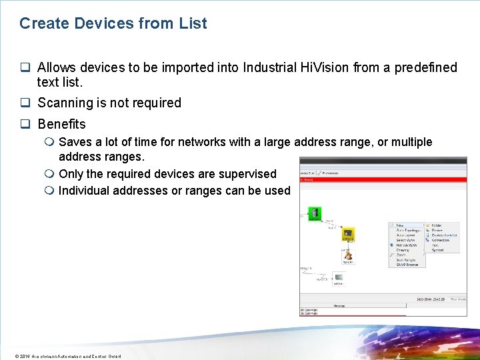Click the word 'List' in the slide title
click(193, 23)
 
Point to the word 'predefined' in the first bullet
click(424, 67)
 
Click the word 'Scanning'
click(65, 103)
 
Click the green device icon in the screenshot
click(315, 214)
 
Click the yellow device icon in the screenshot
click(348, 234)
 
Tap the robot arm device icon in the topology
click(347, 255)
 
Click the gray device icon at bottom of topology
click(339, 277)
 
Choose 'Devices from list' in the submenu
click(444, 235)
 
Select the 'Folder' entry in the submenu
click(437, 225)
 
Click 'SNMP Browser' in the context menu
click(407, 265)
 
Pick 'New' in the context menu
click(400, 225)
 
